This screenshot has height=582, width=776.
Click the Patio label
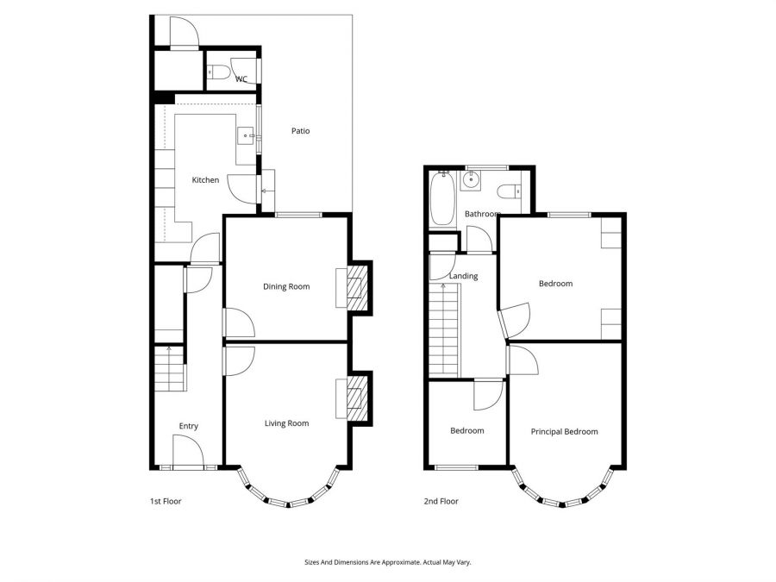coord(300,131)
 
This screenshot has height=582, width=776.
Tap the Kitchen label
coord(205,180)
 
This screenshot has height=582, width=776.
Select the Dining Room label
coord(286,287)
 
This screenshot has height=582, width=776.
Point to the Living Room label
coord(286,423)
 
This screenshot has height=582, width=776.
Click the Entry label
coord(188,426)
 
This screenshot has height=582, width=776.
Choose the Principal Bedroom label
coord(564,432)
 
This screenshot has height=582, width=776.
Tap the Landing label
coord(464,277)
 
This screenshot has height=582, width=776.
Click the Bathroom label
coord(483,214)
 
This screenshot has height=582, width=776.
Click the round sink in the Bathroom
coord(472,180)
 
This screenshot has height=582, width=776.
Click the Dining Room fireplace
coord(355,286)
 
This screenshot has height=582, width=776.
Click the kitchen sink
coord(246,135)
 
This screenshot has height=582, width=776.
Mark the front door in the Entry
coord(188,452)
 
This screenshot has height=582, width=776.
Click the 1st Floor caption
coord(165,501)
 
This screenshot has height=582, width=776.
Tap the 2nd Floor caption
coord(441,501)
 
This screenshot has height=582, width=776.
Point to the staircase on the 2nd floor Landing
coord(445,332)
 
